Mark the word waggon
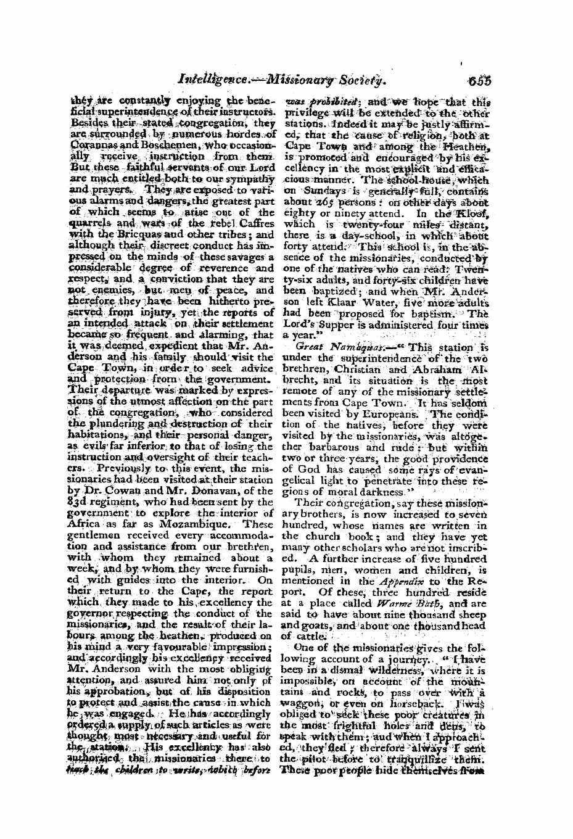[300, 667]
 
